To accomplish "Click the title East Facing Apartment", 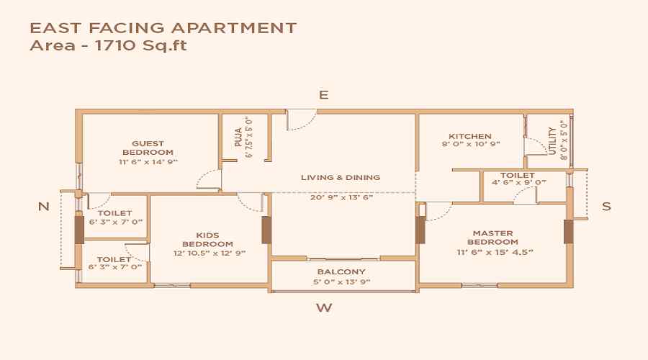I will tap(163, 28).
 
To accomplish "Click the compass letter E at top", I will tap(324, 95).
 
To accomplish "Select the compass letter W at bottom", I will tap(325, 308).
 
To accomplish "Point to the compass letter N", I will tap(44, 207).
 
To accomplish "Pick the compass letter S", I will tap(606, 207).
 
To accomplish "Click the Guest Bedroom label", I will tap(148, 148).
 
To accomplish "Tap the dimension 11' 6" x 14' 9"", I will tap(148, 162).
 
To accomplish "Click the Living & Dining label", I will tap(341, 177).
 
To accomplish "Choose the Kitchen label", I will tap(470, 136).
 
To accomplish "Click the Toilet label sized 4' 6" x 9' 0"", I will tap(517, 175).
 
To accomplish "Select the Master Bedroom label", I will tap(492, 238).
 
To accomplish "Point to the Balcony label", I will tap(341, 271).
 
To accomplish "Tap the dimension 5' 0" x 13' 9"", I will tap(341, 282).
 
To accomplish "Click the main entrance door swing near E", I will tap(300, 120).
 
